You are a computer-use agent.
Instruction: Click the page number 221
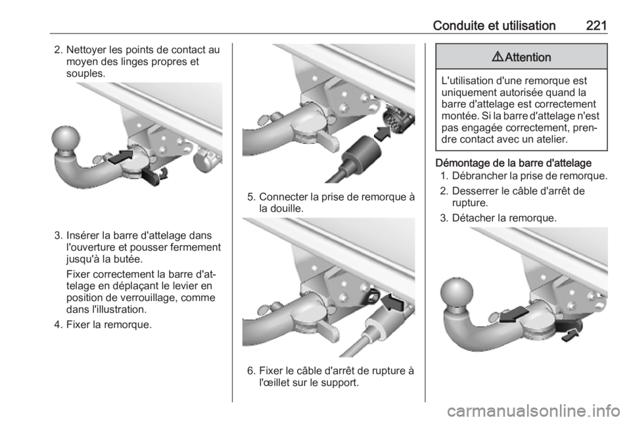(596, 26)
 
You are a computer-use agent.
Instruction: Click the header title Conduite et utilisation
(494, 26)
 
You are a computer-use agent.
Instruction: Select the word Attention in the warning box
(528, 57)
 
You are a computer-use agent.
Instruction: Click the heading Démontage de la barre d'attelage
(513, 163)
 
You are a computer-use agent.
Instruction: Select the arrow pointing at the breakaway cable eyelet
(392, 302)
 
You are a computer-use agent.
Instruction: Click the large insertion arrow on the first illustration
(120, 156)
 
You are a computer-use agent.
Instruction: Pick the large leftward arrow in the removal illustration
(513, 314)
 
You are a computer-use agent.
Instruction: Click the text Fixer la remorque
(108, 324)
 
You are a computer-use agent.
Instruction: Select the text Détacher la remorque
(504, 218)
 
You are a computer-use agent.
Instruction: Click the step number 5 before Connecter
(250, 197)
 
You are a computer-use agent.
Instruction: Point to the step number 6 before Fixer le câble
(250, 371)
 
